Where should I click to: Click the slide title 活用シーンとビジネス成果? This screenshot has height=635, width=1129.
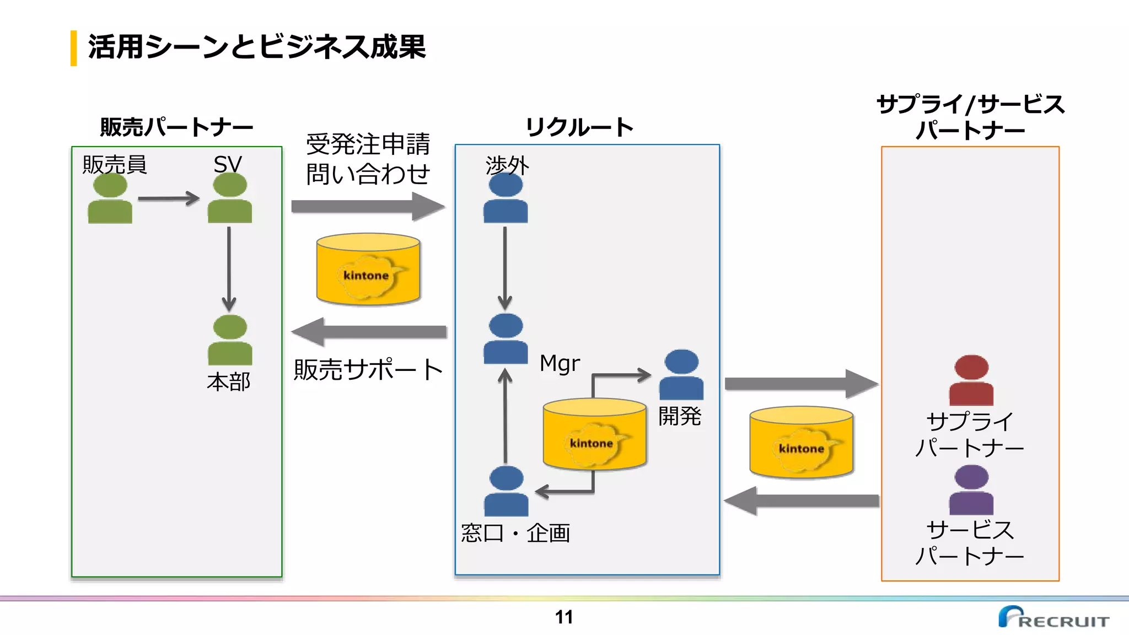click(257, 46)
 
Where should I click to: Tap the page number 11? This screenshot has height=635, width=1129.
click(563, 617)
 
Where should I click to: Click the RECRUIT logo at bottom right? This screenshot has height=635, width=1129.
click(1053, 617)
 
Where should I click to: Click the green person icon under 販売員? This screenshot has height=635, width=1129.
click(110, 200)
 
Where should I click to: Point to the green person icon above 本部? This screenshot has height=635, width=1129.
click(230, 341)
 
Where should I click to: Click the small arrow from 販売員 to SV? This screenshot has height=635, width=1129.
click(168, 198)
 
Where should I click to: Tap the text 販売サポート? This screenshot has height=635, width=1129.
click(368, 369)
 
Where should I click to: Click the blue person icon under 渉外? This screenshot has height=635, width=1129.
click(506, 198)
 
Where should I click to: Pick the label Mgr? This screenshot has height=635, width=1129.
click(560, 364)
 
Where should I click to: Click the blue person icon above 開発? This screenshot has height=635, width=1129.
click(681, 375)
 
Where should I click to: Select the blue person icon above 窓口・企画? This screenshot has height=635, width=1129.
click(506, 492)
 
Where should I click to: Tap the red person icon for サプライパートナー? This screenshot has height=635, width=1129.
click(971, 381)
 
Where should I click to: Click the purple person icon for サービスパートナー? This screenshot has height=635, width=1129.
click(971, 490)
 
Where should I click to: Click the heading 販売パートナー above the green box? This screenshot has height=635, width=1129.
click(176, 127)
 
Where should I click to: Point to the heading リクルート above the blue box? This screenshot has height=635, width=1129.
click(579, 127)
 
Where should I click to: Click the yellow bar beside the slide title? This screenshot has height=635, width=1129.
click(73, 48)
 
